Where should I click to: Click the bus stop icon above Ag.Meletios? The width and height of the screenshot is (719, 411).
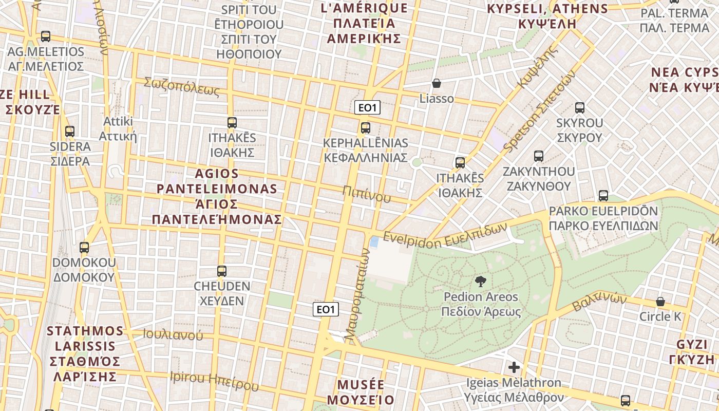[46, 36]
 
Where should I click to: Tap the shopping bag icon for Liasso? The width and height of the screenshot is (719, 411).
[437, 83]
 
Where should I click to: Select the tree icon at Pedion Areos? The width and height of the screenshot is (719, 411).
[481, 282]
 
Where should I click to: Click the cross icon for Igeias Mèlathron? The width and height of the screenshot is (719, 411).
[514, 367]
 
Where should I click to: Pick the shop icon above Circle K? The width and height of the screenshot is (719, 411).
[660, 302]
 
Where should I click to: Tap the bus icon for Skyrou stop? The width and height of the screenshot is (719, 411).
[580, 108]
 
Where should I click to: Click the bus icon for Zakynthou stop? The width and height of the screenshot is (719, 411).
[538, 156]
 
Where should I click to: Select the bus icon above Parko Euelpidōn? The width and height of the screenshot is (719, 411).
[603, 196]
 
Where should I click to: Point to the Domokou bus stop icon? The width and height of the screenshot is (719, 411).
[84, 248]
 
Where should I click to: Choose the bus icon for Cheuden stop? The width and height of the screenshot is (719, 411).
[222, 271]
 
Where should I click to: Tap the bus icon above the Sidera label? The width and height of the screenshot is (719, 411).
[70, 132]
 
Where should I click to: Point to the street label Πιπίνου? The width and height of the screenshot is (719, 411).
[367, 194]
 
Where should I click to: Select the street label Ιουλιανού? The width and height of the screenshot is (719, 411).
[173, 335]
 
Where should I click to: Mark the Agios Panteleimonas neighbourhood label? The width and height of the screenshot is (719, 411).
[217, 196]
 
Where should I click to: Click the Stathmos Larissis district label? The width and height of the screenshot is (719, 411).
[86, 353]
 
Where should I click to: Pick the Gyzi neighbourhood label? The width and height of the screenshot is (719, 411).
[695, 351]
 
